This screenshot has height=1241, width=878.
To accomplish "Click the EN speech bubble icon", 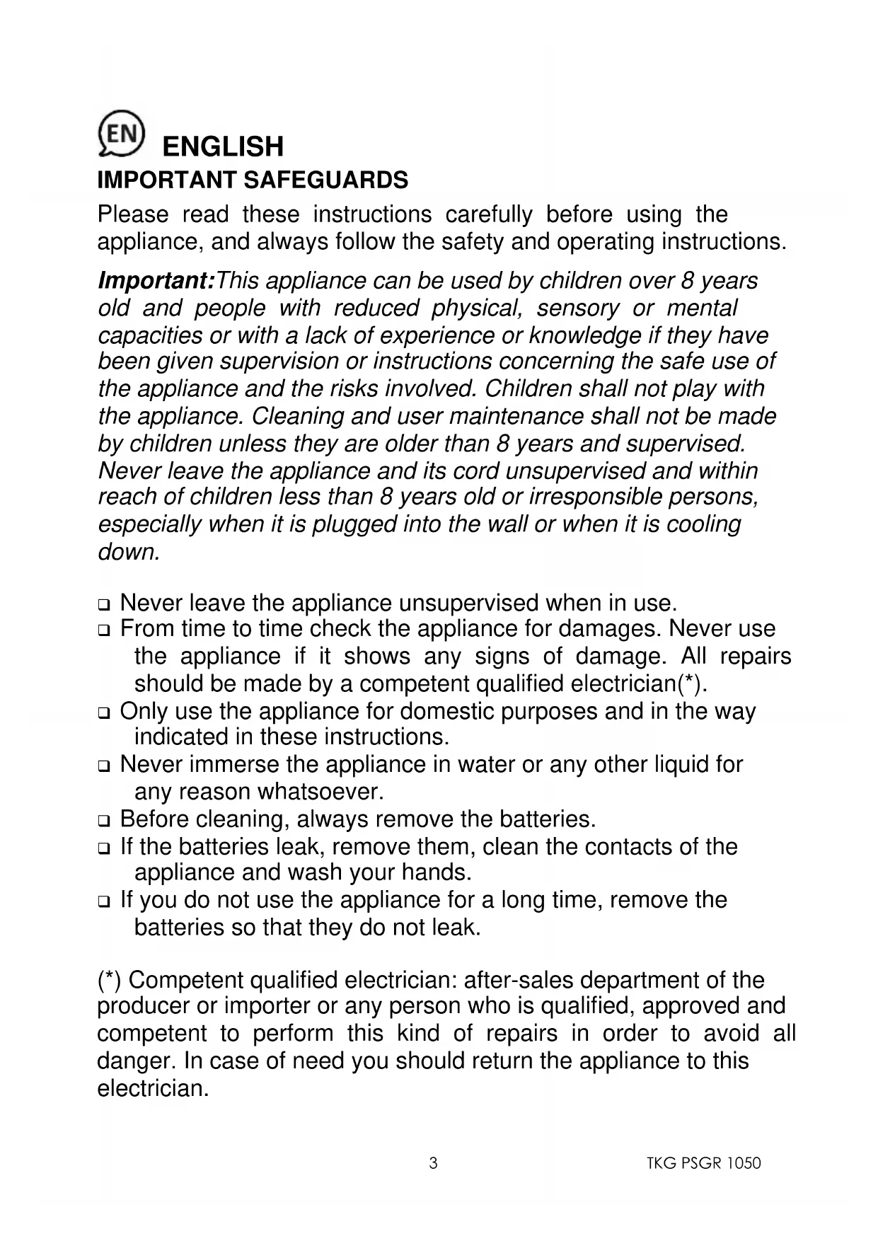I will tap(122, 133).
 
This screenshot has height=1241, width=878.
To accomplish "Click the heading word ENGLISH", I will tap(223, 146).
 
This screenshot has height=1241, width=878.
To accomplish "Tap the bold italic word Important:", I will tap(156, 281).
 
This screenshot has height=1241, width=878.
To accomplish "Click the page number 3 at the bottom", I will tap(433, 1163).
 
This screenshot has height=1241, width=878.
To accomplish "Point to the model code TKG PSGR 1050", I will tap(703, 1163).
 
